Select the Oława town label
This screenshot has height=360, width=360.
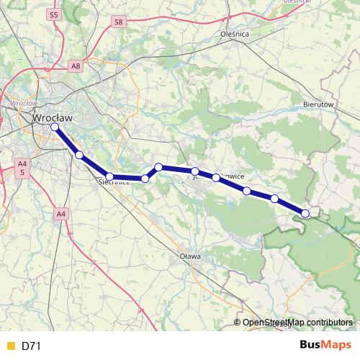[x=190, y=256]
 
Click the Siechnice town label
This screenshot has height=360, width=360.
[x=114, y=182]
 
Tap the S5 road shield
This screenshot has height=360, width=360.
[x=53, y=14]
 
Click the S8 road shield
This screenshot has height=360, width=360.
[x=119, y=22]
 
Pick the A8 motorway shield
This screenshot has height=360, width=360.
[x=76, y=66]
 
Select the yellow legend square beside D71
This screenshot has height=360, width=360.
[x=10, y=346]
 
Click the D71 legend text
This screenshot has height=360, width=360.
[x=31, y=346]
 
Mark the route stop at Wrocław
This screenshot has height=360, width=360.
[x=55, y=127]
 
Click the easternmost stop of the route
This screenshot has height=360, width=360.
[x=305, y=213]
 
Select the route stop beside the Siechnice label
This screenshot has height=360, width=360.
[x=109, y=176]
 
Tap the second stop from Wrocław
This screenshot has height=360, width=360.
[x=79, y=155]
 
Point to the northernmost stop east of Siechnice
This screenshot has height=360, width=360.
[x=158, y=167]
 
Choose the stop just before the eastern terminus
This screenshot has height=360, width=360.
[x=274, y=198]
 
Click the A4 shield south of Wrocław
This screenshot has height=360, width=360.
[x=60, y=213]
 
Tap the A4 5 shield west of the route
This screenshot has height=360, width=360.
[x=22, y=168]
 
